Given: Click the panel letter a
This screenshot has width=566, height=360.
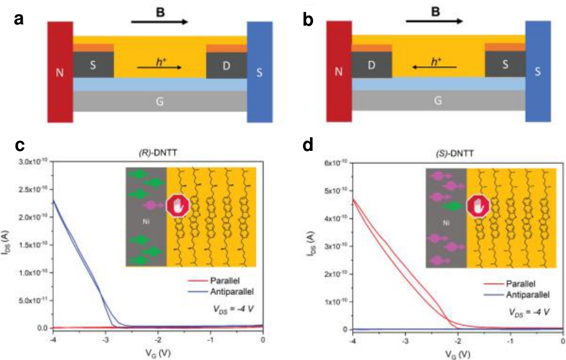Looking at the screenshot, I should click(18, 19).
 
